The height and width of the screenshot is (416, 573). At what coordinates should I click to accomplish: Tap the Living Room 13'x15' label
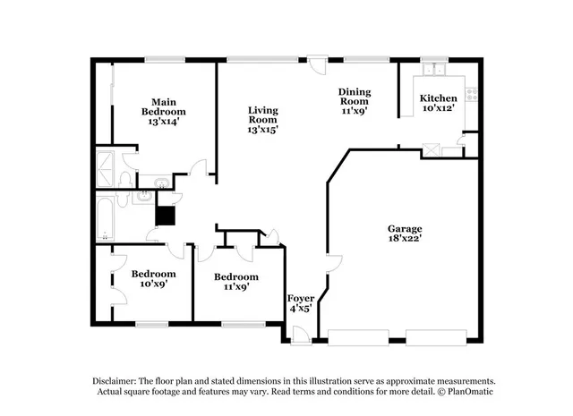[262, 120]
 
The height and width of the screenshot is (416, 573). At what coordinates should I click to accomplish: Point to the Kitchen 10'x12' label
[439, 102]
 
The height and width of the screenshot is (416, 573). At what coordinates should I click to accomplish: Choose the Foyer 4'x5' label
[299, 303]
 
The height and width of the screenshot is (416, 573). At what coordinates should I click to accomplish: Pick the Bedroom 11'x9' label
[235, 282]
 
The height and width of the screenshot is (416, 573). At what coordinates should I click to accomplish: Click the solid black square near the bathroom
[165, 215]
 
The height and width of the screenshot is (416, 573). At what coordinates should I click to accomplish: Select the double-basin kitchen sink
[436, 69]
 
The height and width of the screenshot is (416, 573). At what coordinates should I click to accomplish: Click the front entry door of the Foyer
[298, 336]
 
